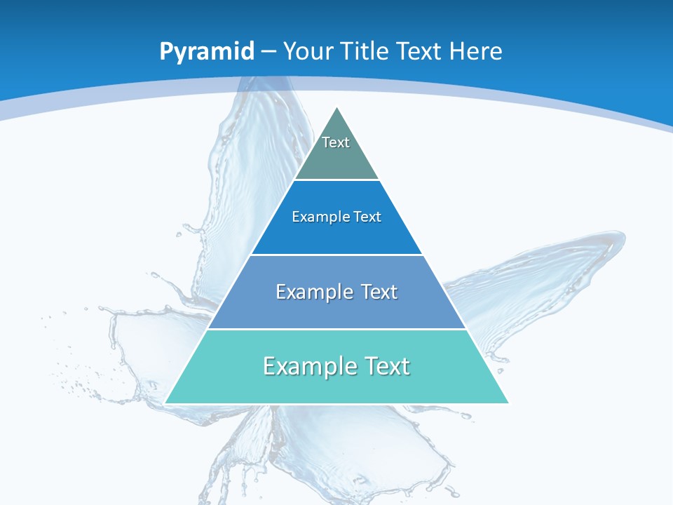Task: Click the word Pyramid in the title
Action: (207, 52)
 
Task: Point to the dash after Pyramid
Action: (268, 52)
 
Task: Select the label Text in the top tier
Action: (336, 142)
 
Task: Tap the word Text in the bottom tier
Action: (385, 366)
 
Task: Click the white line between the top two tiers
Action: (337, 180)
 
